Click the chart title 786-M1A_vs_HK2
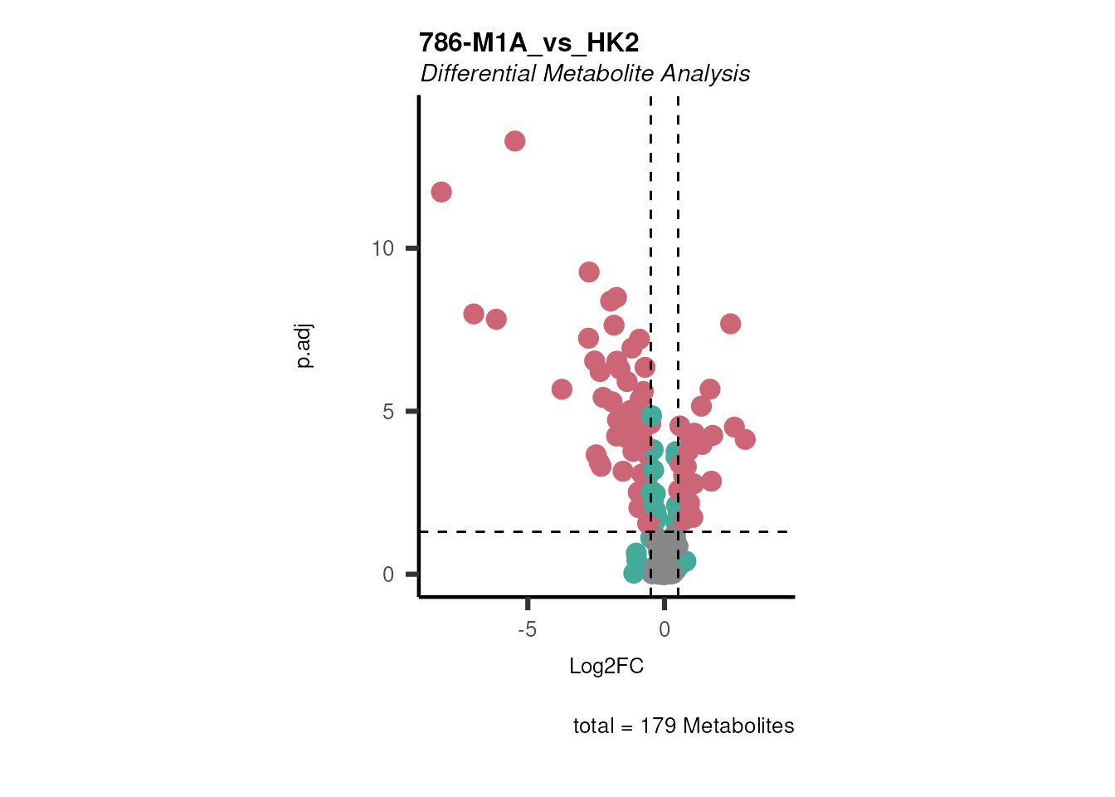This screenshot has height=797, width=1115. click(528, 42)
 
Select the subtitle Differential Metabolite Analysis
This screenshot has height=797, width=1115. click(585, 74)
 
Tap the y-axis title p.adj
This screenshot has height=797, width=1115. click(304, 346)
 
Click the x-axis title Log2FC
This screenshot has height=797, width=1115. click(606, 666)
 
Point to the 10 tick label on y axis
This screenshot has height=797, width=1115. click(382, 248)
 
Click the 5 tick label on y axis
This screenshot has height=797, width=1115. click(388, 412)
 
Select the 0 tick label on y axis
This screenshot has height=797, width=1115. click(388, 575)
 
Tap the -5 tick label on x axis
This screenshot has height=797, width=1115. click(527, 629)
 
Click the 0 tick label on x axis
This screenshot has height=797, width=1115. click(665, 629)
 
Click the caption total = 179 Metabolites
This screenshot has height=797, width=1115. click(684, 726)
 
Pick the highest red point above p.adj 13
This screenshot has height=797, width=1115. click(514, 141)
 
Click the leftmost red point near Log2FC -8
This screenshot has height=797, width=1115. click(441, 192)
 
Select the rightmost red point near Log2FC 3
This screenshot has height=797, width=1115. click(745, 439)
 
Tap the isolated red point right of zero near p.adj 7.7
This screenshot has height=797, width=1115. click(730, 324)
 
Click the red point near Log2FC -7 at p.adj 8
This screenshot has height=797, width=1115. click(474, 314)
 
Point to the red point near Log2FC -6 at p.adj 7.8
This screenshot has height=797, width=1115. click(496, 319)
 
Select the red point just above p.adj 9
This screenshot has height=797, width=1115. click(589, 272)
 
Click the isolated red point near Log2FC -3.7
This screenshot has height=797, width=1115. click(562, 389)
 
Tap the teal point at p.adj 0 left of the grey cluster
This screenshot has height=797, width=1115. click(634, 573)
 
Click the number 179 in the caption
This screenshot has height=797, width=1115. click(658, 726)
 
